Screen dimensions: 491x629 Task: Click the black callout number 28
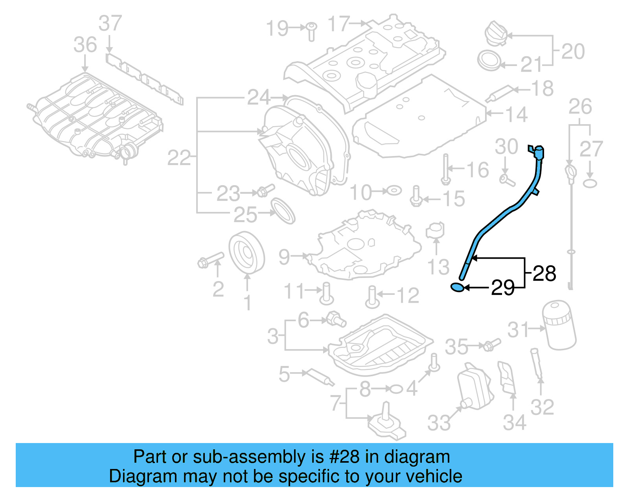(x=544, y=274)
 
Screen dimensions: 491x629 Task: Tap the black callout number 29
(x=502, y=288)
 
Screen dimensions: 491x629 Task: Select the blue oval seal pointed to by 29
(x=458, y=287)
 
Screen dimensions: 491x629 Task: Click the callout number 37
(x=110, y=24)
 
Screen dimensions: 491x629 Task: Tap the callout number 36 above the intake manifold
(x=85, y=45)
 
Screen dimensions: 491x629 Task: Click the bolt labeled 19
(x=311, y=31)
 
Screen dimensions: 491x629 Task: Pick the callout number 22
(x=179, y=158)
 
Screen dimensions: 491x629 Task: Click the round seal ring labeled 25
(x=283, y=211)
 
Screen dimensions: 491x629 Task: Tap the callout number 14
(x=516, y=114)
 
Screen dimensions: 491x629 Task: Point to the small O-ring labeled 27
(x=590, y=183)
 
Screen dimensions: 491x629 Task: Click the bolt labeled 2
(x=211, y=260)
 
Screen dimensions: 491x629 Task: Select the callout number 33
(x=439, y=423)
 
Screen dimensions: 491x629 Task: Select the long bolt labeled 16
(x=445, y=169)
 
